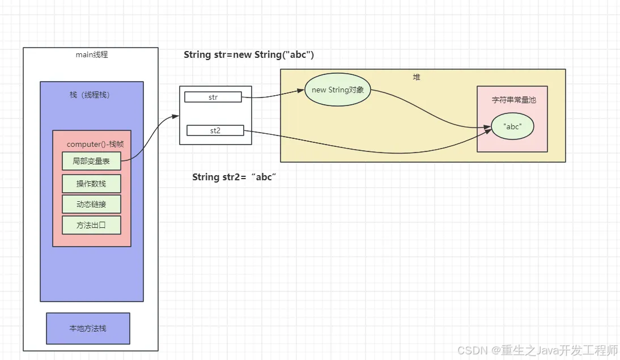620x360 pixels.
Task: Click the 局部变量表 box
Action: tap(91, 161)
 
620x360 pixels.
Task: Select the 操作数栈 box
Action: tap(91, 184)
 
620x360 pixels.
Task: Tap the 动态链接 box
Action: tap(91, 204)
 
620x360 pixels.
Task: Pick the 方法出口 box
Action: tap(91, 225)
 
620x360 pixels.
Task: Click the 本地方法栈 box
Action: tap(88, 328)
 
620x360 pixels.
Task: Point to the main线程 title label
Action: tap(92, 55)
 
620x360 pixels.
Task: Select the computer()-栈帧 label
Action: tap(95, 145)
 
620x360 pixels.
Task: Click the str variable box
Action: tap(213, 98)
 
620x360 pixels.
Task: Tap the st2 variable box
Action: tap(215, 131)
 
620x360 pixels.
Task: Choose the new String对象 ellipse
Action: tap(338, 90)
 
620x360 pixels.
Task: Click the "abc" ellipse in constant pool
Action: tap(512, 127)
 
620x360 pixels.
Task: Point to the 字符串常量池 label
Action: tap(513, 100)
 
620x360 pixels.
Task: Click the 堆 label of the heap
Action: tap(417, 77)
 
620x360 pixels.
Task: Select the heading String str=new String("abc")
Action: tap(249, 55)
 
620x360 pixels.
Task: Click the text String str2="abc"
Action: tap(233, 177)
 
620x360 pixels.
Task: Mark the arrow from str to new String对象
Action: tap(272, 95)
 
